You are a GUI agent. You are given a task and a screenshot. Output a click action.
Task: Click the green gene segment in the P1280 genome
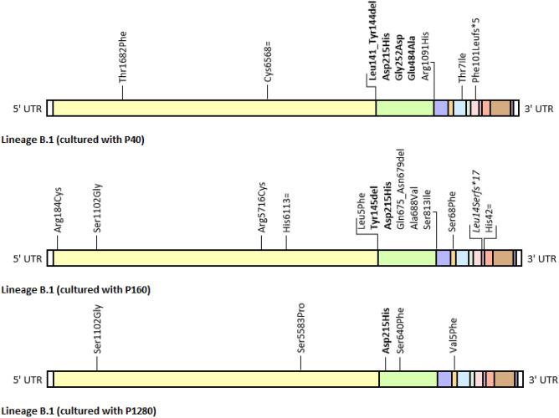pyautogui.click(x=408, y=379)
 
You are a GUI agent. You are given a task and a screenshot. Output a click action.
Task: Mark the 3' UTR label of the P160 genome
pyautogui.click(x=540, y=260)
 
